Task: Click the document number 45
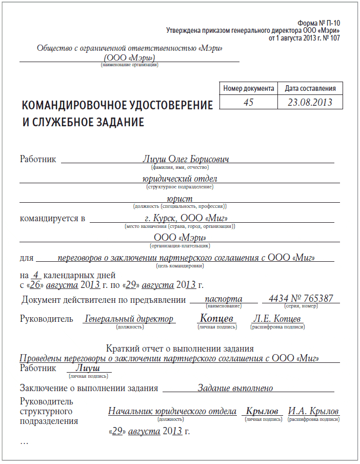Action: click(249, 102)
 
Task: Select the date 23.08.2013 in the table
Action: click(310, 102)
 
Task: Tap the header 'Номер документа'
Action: click(249, 88)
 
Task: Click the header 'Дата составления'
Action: click(310, 88)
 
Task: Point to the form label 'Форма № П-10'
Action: click(318, 24)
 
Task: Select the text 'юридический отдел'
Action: click(179, 179)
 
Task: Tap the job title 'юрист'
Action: click(179, 199)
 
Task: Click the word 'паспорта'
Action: click(223, 299)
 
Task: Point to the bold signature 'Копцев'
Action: click(217, 318)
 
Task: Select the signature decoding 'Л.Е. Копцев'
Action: click(276, 319)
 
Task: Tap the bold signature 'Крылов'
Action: click(262, 411)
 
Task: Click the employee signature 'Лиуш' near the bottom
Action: click(87, 368)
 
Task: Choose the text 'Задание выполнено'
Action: click(235, 388)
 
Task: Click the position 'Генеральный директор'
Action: click(129, 319)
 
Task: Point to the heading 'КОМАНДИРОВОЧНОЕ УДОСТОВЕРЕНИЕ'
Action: click(117, 106)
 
